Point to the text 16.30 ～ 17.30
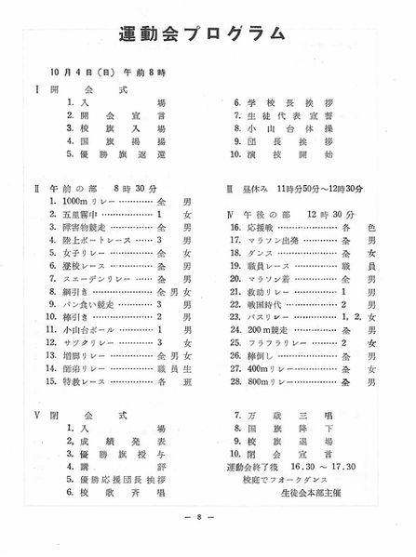click(338, 466)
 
